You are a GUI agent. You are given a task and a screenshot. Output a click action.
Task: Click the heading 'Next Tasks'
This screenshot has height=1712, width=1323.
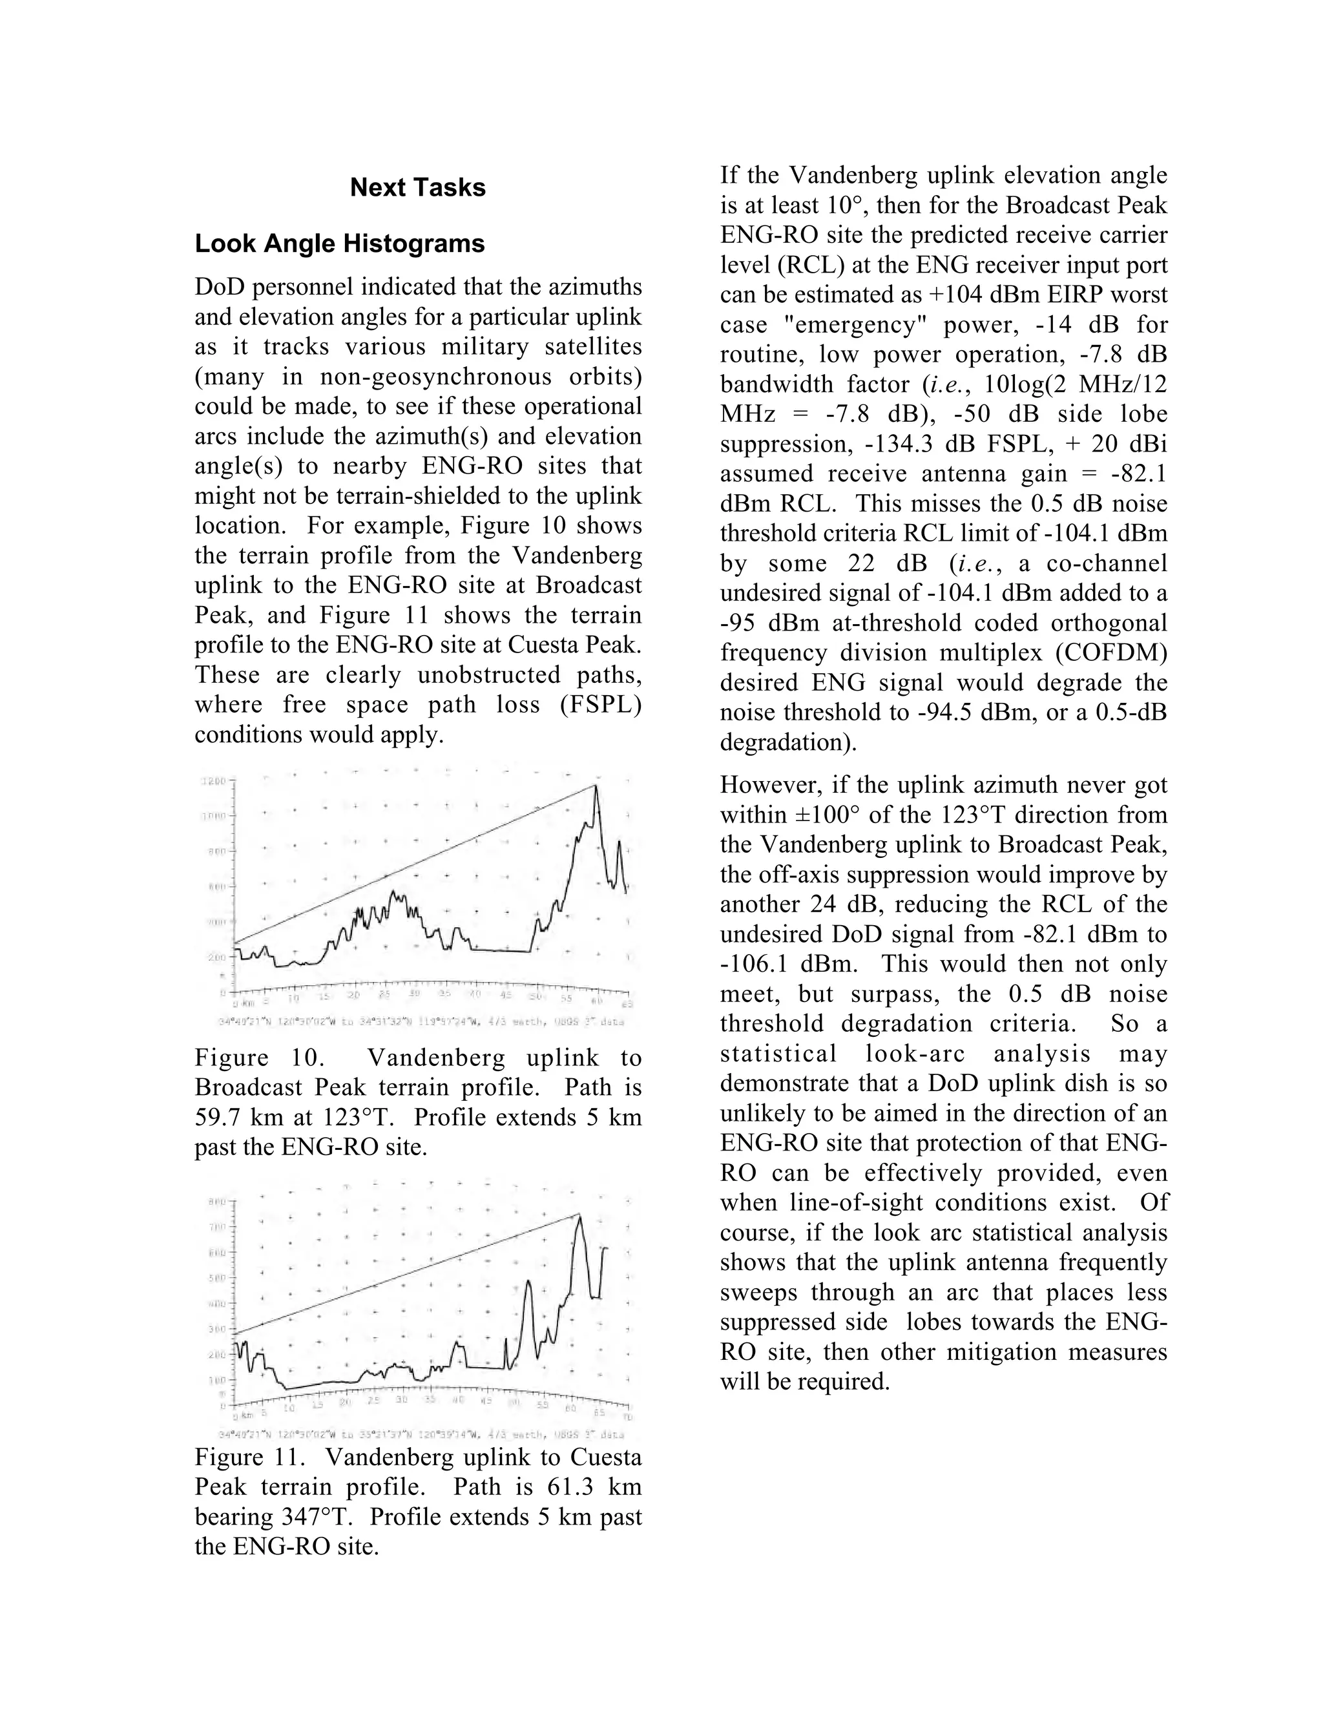tap(418, 187)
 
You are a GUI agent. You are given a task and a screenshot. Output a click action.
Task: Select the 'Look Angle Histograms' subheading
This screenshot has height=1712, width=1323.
tap(339, 244)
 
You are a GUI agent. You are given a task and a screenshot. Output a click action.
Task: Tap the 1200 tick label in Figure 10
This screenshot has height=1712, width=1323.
tap(214, 782)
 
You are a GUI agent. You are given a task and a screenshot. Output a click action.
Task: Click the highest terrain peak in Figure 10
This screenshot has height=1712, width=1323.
tap(596, 786)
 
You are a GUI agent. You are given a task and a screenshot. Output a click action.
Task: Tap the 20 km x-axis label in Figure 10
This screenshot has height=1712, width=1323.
tap(353, 996)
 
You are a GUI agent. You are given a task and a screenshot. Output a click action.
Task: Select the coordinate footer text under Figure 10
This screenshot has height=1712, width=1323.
tap(422, 1022)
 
